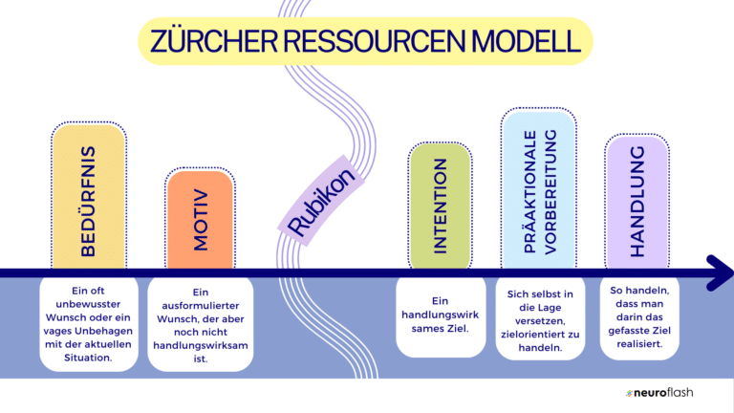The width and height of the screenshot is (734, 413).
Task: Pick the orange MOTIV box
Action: pos(200,219)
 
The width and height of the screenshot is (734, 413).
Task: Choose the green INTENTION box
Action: pos(440,206)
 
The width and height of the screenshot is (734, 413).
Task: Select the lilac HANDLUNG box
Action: pos(636,201)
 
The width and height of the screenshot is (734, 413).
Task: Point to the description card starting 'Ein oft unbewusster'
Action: pos(88,323)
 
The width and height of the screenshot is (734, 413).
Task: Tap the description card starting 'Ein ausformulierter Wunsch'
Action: pos(200,325)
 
